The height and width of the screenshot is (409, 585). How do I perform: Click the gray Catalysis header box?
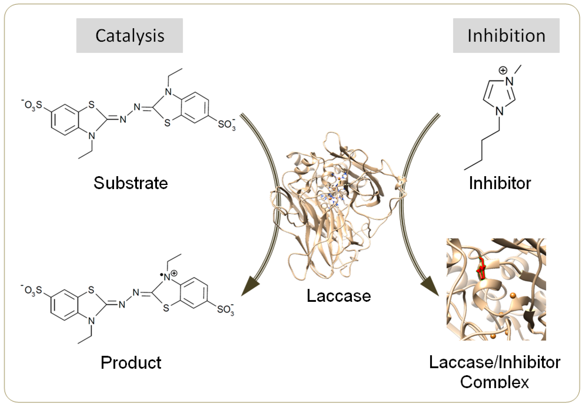click(x=129, y=36)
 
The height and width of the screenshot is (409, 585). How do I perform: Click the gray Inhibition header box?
click(x=506, y=36)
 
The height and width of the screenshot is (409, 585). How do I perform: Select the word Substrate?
click(x=131, y=183)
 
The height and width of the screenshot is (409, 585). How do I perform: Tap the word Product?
click(x=131, y=362)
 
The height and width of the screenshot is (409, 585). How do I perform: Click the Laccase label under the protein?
click(x=339, y=295)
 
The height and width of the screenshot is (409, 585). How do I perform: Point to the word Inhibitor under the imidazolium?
click(x=500, y=183)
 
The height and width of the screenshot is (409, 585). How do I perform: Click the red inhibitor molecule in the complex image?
click(x=481, y=269)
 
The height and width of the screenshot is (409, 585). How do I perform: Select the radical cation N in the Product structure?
click(x=168, y=277)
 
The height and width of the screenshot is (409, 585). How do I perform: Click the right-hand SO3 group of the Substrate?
click(x=226, y=124)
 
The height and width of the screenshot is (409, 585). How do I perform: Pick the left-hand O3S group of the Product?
click(x=32, y=290)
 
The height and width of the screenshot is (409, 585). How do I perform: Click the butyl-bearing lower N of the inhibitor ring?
click(x=499, y=111)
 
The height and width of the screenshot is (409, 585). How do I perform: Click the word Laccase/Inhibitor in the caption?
click(x=494, y=362)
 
